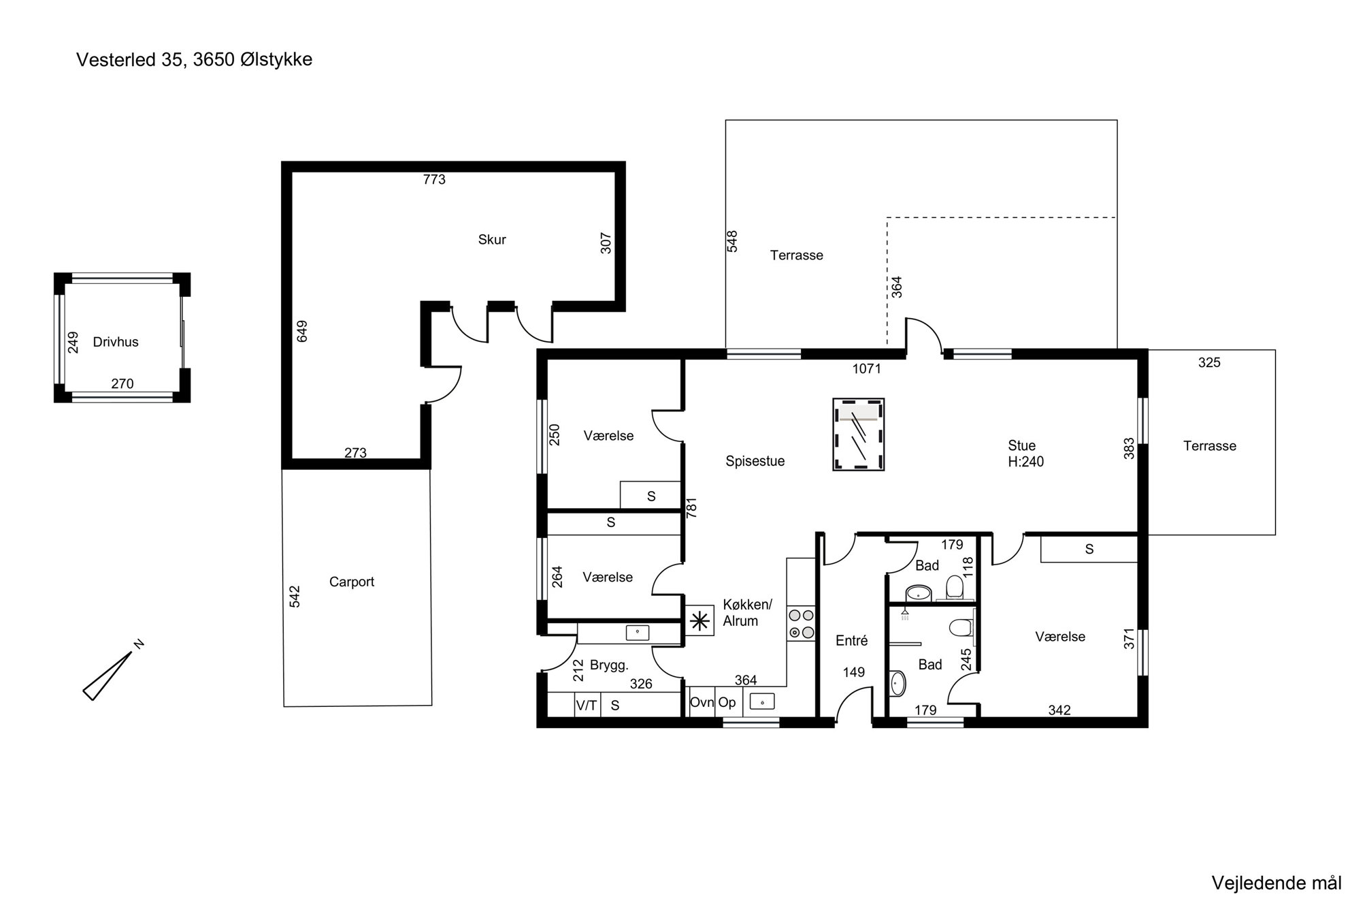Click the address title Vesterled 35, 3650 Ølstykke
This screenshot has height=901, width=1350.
pyautogui.click(x=194, y=60)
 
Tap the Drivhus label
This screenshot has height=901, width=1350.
pyautogui.click(x=116, y=342)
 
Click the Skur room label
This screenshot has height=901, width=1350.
pyautogui.click(x=492, y=240)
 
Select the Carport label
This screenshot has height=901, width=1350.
pyautogui.click(x=352, y=582)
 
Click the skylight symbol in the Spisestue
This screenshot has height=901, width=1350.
pyautogui.click(x=859, y=434)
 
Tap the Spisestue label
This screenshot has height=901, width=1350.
pyautogui.click(x=755, y=461)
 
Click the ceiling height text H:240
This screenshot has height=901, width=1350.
pyautogui.click(x=1026, y=462)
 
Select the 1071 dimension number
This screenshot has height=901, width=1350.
pyautogui.click(x=867, y=369)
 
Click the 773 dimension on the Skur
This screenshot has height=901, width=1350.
pyautogui.click(x=434, y=180)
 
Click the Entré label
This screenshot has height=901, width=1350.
pyautogui.click(x=852, y=641)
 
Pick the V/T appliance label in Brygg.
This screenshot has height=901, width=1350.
pyautogui.click(x=587, y=706)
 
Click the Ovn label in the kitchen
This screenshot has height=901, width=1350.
pyautogui.click(x=702, y=702)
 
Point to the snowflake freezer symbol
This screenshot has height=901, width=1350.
pyautogui.click(x=699, y=621)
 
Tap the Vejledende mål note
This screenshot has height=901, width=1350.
pyautogui.click(x=1277, y=883)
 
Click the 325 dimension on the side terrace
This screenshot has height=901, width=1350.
pyautogui.click(x=1209, y=363)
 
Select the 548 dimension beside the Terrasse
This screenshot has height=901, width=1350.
pyautogui.click(x=732, y=242)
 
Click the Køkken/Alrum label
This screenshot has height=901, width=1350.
pyautogui.click(x=747, y=613)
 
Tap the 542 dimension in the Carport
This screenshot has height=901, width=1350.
pyautogui.click(x=295, y=597)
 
